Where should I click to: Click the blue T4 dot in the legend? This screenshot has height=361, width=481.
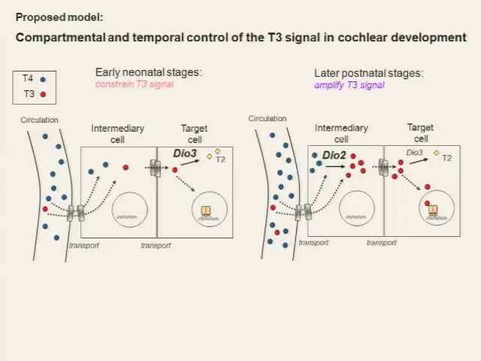43,79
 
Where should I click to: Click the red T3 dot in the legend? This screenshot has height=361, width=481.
43,95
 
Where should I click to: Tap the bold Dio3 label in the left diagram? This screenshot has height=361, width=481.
185,153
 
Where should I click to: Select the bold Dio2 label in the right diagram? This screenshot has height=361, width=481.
333,156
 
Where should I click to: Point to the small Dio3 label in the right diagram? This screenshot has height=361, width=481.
414,153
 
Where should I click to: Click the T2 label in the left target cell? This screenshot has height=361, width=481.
220,159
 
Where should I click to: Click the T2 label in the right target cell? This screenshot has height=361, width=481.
447,158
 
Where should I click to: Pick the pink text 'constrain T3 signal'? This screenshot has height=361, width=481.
134,84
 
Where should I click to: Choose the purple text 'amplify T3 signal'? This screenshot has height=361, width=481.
349,85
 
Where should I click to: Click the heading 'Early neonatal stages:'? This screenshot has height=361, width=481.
148,73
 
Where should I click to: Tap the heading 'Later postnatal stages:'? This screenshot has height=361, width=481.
368,74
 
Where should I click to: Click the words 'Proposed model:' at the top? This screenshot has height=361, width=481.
59,17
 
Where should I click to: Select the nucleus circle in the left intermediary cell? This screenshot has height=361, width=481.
130,209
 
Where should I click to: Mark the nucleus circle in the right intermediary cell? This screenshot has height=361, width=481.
356,209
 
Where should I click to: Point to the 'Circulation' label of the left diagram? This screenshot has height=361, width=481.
39,120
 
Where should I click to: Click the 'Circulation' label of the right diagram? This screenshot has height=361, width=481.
268,118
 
